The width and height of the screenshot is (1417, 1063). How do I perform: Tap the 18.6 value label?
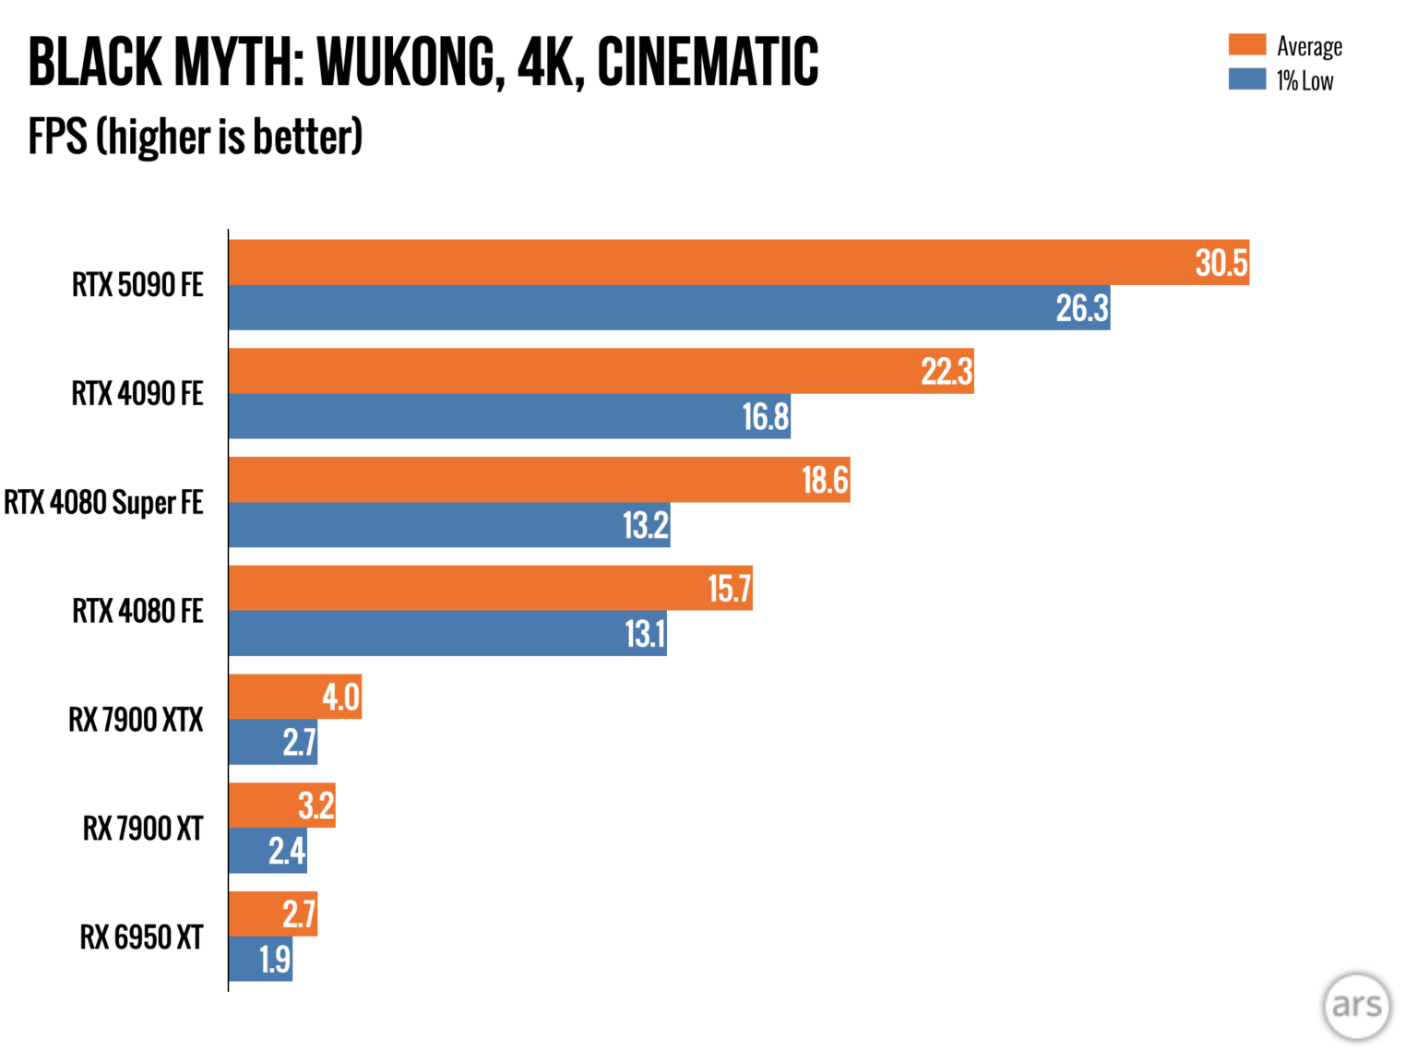coord(825,481)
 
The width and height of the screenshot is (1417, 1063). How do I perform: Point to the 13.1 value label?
coord(645,634)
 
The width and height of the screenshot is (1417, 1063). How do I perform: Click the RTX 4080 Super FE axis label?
coord(103,503)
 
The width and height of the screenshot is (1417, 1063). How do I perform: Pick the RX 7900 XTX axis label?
coord(136,720)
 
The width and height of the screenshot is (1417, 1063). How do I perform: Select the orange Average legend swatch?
coord(1246,44)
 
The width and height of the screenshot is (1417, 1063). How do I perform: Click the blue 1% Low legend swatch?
coord(1246,79)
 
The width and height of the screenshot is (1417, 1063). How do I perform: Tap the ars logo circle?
coord(1356,1006)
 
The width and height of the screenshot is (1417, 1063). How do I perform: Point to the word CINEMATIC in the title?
coord(708,63)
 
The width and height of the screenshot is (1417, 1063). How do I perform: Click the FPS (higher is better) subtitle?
coord(196,137)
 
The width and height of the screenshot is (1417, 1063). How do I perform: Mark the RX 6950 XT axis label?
coord(141,938)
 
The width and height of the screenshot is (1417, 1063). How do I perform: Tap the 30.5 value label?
coord(1221,263)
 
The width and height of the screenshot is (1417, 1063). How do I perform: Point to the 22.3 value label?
coord(947,372)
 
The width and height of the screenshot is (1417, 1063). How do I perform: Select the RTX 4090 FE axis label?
coord(137,394)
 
